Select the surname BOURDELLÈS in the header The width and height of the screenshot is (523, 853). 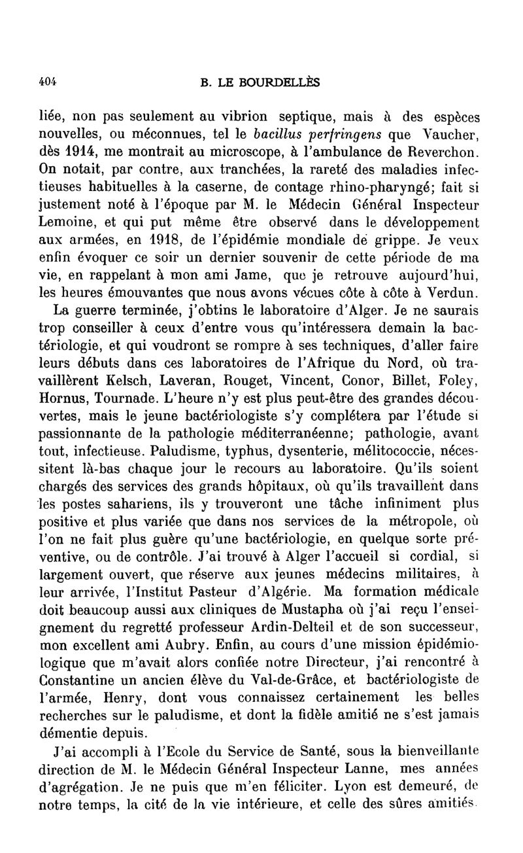(x=284, y=83)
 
